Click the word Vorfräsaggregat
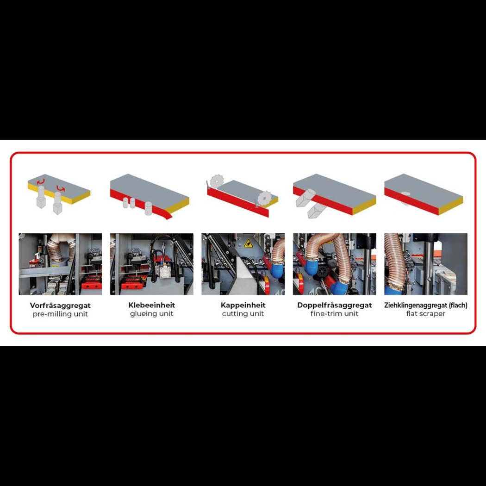[60, 305]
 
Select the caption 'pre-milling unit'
[60, 314]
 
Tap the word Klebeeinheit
[151, 305]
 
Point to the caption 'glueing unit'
[151, 314]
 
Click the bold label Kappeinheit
[243, 305]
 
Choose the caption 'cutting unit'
[243, 314]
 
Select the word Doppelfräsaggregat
[335, 305]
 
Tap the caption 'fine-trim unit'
[335, 314]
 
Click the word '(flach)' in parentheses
[458, 305]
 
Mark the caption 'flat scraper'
[425, 314]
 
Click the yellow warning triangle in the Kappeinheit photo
[248, 243]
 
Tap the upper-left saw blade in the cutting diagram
[217, 181]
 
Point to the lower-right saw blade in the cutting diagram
[264, 198]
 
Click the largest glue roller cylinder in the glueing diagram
[149, 208]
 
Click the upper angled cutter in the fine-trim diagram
[305, 197]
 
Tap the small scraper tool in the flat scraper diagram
[405, 198]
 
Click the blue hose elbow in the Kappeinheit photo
[277, 269]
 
